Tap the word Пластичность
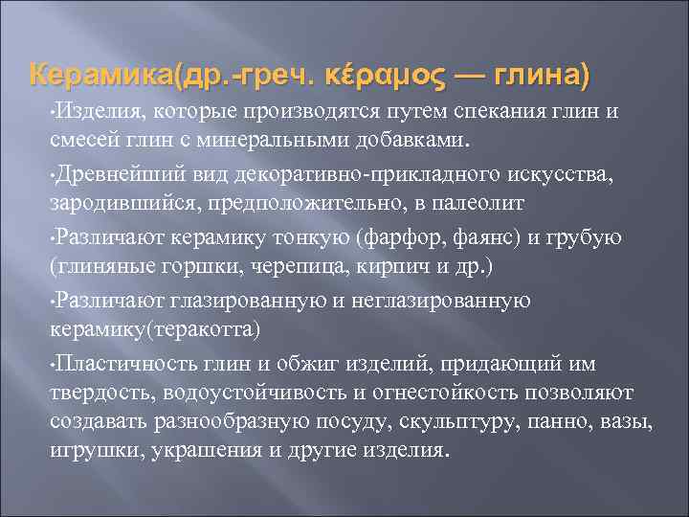[122, 363]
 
